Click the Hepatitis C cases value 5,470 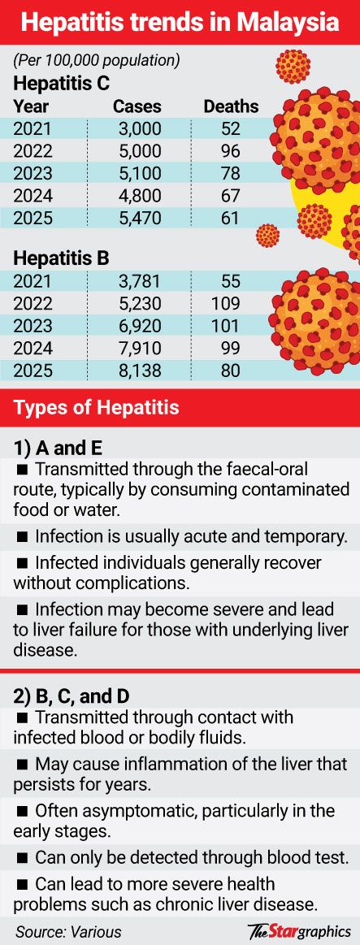click(137, 218)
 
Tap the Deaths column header click(231, 106)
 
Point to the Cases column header click(137, 106)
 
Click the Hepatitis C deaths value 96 click(230, 150)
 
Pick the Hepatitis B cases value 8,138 click(137, 370)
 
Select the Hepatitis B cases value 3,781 click(137, 281)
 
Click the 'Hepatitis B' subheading click(61, 258)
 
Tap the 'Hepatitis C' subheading click(62, 83)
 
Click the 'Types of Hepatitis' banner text click(97, 407)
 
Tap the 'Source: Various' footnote click(68, 930)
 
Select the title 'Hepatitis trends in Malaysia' click(180, 23)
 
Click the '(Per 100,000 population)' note click(97, 61)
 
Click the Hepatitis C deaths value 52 click(230, 128)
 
